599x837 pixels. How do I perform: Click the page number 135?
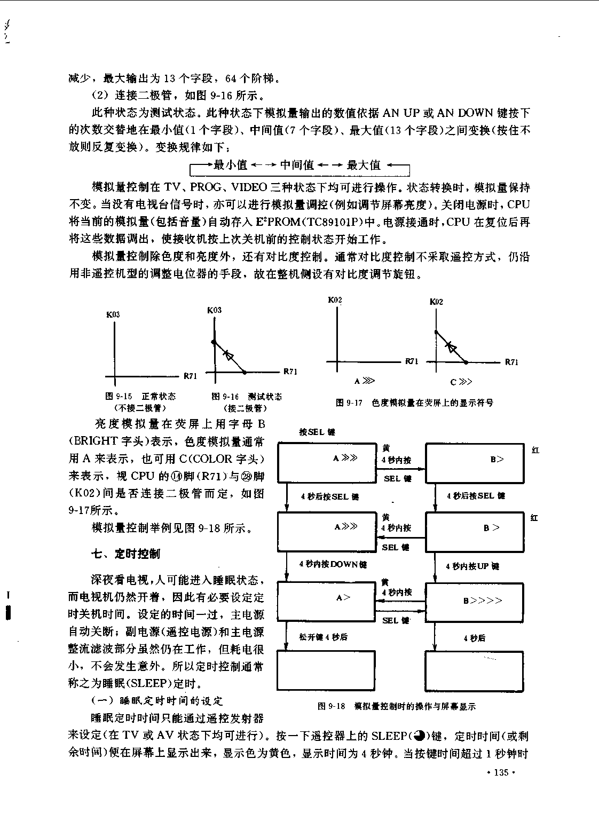point(501,772)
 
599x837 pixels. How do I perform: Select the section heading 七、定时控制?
point(126,554)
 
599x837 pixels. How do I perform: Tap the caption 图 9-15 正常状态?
point(140,396)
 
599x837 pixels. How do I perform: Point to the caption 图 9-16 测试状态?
point(247,396)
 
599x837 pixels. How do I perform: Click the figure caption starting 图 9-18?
point(397,706)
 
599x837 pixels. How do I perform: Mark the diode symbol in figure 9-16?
point(228,354)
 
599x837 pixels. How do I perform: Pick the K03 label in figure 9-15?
point(113,314)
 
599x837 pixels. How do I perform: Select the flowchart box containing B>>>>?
point(474,603)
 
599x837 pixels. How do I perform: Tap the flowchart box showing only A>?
point(326,601)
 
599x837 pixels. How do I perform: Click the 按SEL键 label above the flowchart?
point(317,432)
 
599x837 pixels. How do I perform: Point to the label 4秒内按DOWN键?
point(333,564)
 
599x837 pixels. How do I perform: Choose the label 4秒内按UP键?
point(472,566)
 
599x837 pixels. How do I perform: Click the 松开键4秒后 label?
point(323,637)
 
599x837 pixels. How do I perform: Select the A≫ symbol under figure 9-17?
point(364,381)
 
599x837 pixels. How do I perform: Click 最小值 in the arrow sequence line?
point(230,165)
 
